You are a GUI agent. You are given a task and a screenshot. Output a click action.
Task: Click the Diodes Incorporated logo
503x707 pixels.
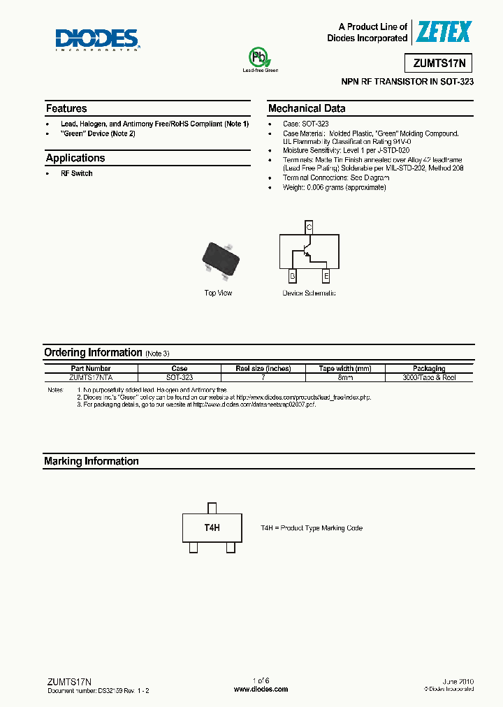pos(98,40)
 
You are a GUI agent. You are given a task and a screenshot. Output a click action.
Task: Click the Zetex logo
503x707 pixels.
pos(444,31)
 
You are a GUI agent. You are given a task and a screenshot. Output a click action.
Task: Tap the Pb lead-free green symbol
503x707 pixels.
pos(260,57)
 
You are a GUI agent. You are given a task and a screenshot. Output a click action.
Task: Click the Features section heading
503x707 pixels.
pos(66,108)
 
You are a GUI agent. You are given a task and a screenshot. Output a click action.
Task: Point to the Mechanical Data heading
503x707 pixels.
pos(306,108)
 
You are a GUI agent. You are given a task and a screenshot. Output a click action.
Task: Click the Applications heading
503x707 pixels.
pos(75,158)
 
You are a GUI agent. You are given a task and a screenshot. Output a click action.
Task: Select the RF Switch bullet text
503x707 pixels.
pos(76,173)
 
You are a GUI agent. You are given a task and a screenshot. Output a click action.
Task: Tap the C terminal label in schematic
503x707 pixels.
pos(309,226)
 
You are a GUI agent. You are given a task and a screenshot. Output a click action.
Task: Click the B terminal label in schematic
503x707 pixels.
pos(292,277)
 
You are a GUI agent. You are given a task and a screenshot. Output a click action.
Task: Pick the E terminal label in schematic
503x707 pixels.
pos(326,277)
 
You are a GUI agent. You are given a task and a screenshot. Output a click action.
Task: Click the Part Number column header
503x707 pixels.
pos(90,368)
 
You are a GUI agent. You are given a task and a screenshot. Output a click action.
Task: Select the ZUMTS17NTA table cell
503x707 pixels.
pos(90,377)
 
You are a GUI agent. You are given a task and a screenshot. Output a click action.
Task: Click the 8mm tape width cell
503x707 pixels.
pos(344,377)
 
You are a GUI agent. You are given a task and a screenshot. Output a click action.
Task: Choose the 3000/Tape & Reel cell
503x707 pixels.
pos(429,377)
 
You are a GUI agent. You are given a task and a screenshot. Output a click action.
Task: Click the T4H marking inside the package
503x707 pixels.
pos(212,528)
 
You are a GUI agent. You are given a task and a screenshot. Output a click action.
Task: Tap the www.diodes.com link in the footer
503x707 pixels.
pos(261,689)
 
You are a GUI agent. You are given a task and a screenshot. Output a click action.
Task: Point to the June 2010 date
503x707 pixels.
pos(458,680)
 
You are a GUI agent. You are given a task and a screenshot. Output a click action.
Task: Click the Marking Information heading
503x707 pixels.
pos(91,461)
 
